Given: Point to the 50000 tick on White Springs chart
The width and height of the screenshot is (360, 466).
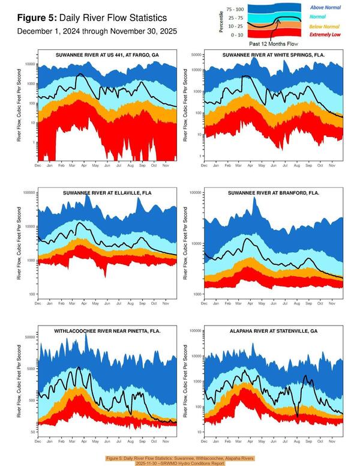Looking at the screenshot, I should coord(194,55).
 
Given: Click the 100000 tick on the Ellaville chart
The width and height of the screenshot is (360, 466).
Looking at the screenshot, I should coord(27,193).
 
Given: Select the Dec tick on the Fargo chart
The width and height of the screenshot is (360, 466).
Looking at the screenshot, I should coord(38,165).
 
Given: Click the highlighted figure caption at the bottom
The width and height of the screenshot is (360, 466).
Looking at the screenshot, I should coord(180,460).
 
